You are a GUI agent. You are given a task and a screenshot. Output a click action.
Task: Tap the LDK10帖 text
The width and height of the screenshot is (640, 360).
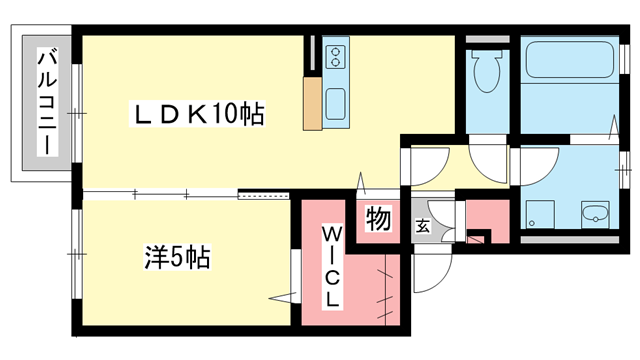199,115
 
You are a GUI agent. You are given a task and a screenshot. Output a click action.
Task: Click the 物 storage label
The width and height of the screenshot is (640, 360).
378,217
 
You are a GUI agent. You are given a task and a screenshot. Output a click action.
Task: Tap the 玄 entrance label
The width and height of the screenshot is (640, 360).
423,224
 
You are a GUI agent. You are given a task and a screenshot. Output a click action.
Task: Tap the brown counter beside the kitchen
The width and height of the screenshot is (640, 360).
312,101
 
